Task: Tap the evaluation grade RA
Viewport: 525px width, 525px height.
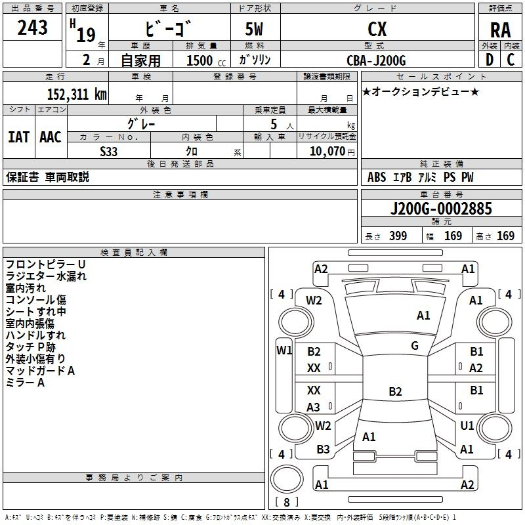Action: tap(500, 30)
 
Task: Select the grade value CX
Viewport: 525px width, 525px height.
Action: tap(377, 30)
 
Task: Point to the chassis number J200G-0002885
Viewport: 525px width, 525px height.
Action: tap(440, 209)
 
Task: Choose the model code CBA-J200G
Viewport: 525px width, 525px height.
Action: tap(377, 60)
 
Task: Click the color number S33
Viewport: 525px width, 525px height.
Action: tap(109, 151)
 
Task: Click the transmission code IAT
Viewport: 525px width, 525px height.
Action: tap(18, 137)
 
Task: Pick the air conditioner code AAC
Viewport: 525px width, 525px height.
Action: tap(51, 137)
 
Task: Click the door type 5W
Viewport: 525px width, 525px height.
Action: tap(256, 30)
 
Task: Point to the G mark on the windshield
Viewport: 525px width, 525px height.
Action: tap(415, 346)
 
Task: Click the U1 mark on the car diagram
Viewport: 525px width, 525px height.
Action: tap(467, 426)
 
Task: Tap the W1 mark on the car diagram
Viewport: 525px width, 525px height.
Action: tap(283, 350)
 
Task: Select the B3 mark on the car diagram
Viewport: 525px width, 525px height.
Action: tap(323, 450)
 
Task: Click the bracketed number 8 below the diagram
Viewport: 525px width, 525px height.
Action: tap(287, 503)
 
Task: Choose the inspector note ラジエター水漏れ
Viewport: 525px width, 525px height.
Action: tap(46, 276)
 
